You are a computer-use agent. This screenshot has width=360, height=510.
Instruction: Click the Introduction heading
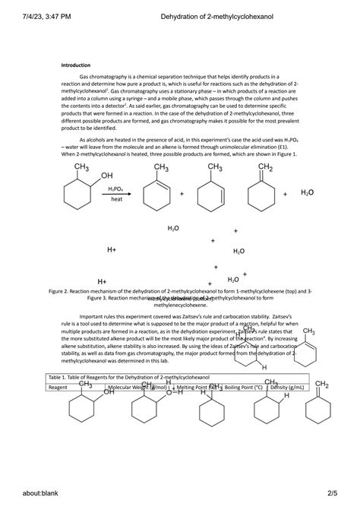point(76,65)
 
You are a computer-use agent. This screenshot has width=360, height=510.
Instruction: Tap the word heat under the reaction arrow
point(116,199)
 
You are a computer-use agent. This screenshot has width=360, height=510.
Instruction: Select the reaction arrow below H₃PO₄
point(116,194)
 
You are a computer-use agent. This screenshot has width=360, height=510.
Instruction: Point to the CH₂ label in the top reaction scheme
point(266,167)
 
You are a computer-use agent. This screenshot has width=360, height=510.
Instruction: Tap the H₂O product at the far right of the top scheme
point(306,193)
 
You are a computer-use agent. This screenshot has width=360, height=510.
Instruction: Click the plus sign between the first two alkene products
point(182,195)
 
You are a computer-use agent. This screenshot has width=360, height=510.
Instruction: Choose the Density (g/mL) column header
point(287,387)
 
